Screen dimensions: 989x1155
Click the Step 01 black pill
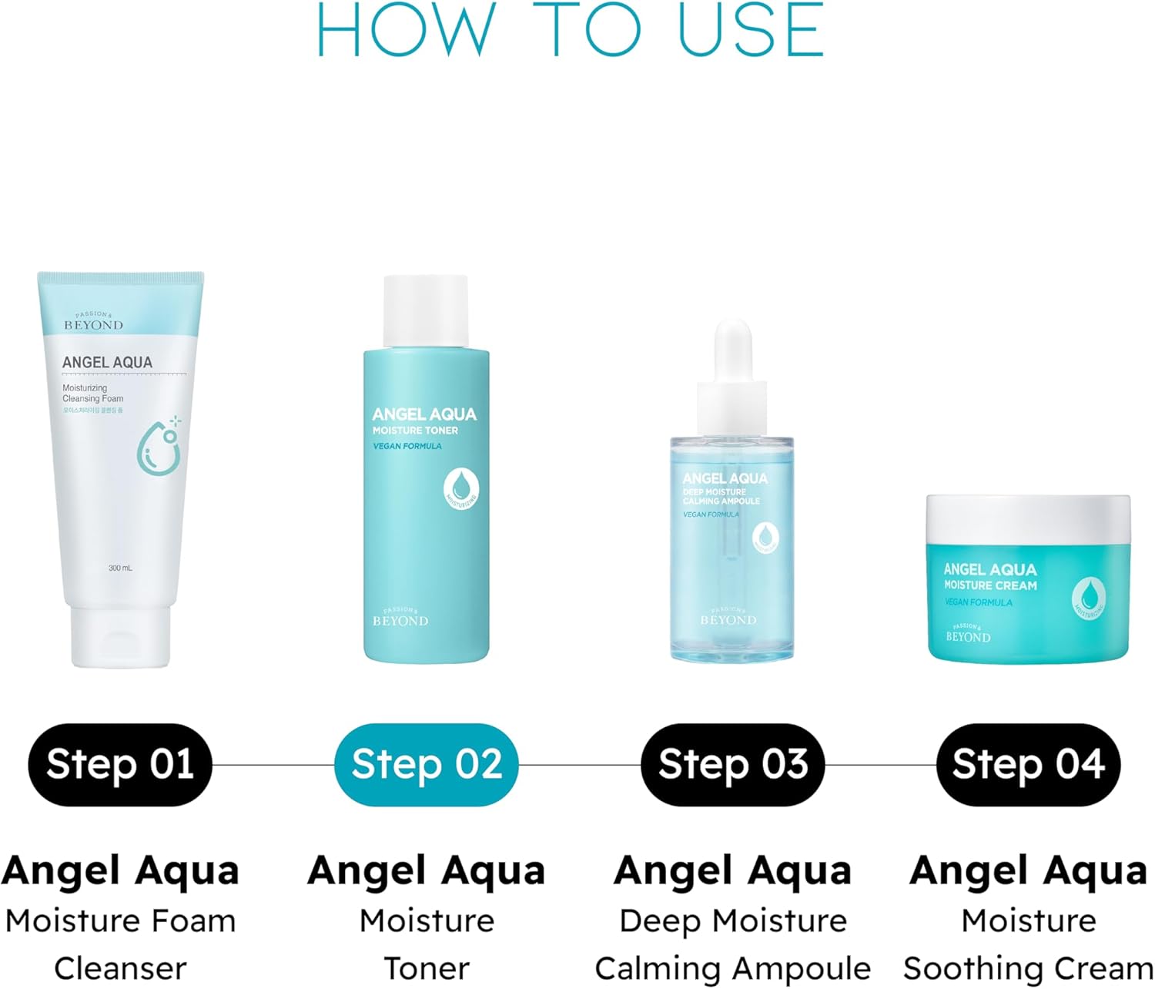click(x=119, y=764)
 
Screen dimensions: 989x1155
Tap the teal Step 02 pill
click(x=426, y=764)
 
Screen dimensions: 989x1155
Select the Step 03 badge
click(x=732, y=764)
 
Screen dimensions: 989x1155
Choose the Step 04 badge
click(x=1028, y=764)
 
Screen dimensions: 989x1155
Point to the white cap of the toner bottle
click(x=426, y=310)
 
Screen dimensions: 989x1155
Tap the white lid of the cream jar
click(x=1028, y=518)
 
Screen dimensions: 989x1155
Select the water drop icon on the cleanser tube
click(x=160, y=447)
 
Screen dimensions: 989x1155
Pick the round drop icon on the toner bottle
click(x=461, y=486)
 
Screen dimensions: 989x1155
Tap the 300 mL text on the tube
click(x=120, y=568)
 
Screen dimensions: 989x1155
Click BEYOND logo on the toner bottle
click(x=400, y=619)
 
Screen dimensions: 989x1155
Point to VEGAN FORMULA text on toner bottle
click(x=407, y=446)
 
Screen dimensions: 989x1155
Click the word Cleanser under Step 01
click(x=120, y=967)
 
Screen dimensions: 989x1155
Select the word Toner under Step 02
click(x=426, y=967)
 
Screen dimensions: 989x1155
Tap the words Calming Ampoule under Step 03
click(x=732, y=967)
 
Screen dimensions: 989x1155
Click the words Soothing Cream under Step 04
click(x=1028, y=967)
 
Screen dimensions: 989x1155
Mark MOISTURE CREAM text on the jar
click(x=990, y=585)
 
